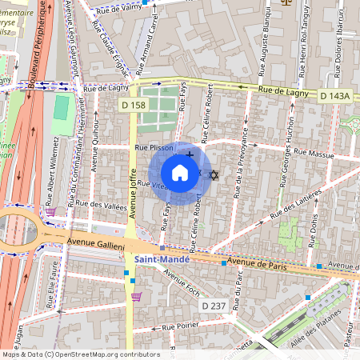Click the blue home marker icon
pyautogui.click(x=180, y=173)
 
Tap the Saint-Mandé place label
pyautogui.click(x=161, y=259)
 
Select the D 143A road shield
pyautogui.click(x=335, y=96)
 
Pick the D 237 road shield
pyautogui.click(x=214, y=306)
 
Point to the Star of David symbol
pyautogui.click(x=213, y=174)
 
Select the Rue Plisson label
pyautogui.click(x=154, y=147)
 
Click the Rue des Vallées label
pyautogui.click(x=100, y=206)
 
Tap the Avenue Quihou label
pyautogui.click(x=96, y=145)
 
